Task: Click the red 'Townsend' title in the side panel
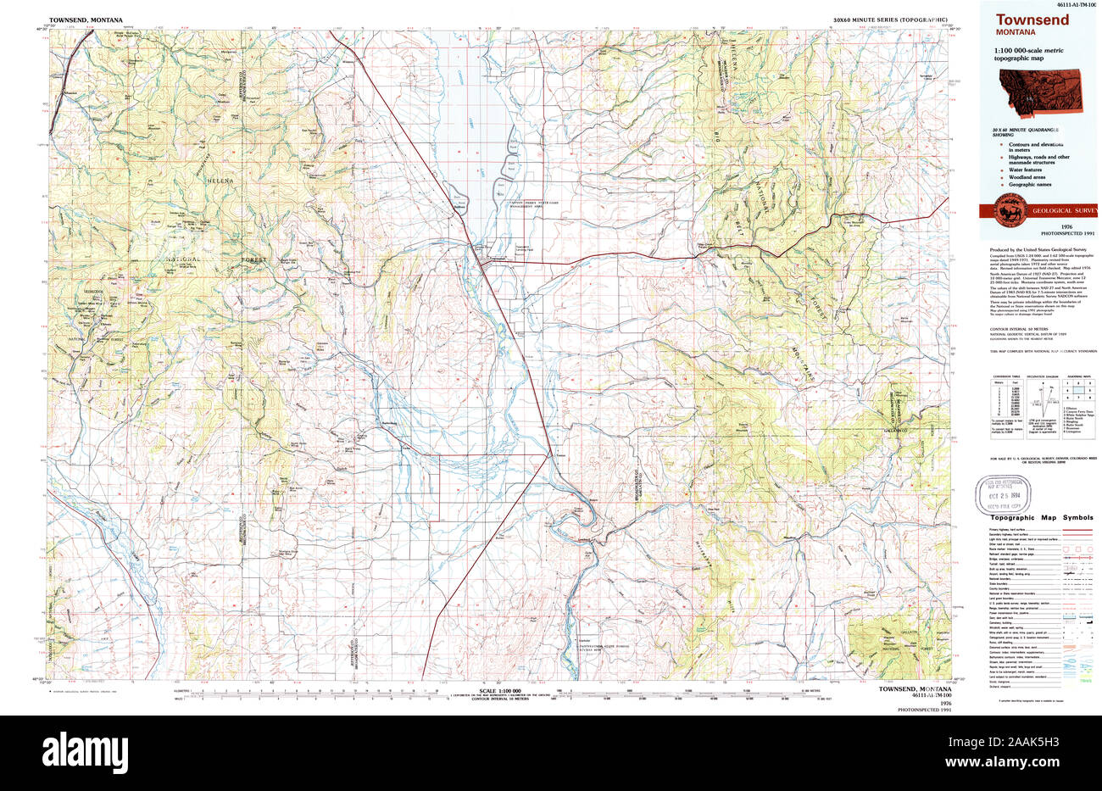tap(1026, 21)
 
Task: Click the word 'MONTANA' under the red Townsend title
tap(1016, 34)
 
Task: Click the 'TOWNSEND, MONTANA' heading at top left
tap(86, 19)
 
